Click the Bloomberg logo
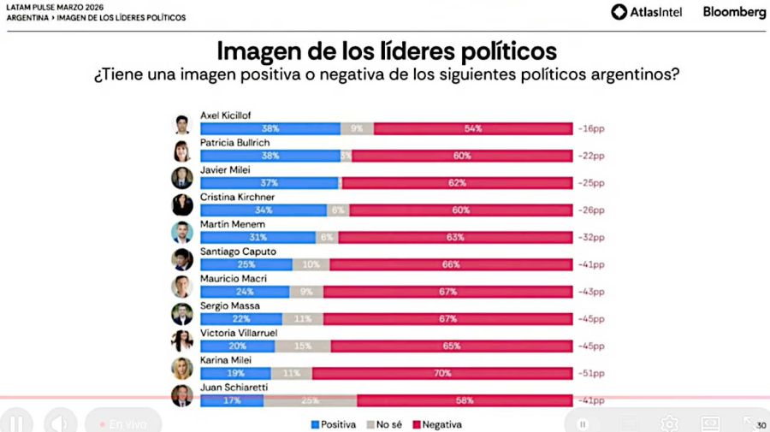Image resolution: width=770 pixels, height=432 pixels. click(x=734, y=12)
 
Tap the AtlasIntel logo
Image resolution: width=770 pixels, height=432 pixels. click(x=646, y=12)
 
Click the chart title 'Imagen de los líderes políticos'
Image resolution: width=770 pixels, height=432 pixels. click(x=386, y=49)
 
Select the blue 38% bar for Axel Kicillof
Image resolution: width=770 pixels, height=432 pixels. click(x=269, y=128)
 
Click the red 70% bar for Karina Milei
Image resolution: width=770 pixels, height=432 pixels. click(x=442, y=373)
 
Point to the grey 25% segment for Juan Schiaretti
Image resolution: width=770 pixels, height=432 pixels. click(x=310, y=399)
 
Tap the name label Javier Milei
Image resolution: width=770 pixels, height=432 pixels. click(x=223, y=170)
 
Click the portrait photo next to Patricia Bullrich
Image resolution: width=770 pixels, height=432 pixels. click(x=181, y=151)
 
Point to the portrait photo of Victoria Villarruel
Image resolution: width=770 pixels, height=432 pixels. click(x=181, y=341)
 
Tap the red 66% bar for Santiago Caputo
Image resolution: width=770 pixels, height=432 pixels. click(x=451, y=264)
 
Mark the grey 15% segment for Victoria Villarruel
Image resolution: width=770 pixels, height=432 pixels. click(x=303, y=346)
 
